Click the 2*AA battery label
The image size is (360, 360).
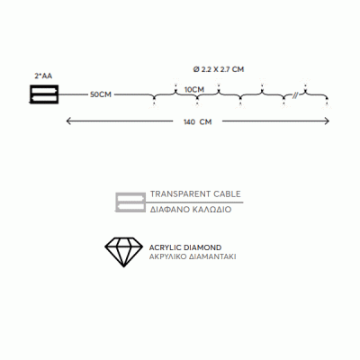[x=43, y=76]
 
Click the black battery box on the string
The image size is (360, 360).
[x=44, y=94]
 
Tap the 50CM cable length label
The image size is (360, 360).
[x=101, y=94]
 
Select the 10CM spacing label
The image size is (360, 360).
[x=194, y=90]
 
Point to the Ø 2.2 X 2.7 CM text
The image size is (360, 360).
[x=219, y=69]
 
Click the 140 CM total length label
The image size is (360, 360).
[x=198, y=121]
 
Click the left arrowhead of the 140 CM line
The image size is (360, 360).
[x=68, y=121]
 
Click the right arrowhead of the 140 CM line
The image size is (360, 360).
[x=327, y=121]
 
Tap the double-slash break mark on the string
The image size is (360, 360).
[x=295, y=95]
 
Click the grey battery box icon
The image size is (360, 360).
[x=130, y=202]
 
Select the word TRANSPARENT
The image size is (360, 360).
[x=181, y=194]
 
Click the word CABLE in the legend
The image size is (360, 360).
[x=227, y=194]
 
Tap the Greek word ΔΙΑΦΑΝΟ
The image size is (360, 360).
[x=168, y=210]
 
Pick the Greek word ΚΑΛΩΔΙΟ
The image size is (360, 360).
[x=211, y=210]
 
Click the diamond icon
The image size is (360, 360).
[x=123, y=252]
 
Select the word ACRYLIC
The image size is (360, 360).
[x=165, y=247]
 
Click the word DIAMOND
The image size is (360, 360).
[x=202, y=247]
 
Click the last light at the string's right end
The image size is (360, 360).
[x=327, y=103]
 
